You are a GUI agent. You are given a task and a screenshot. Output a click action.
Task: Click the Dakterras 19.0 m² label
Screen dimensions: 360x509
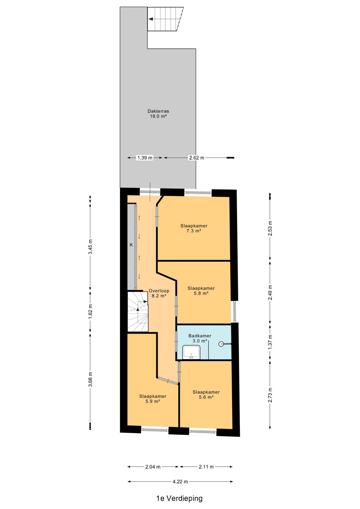tap(158, 114)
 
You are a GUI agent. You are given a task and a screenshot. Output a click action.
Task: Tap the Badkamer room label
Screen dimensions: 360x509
tap(200, 338)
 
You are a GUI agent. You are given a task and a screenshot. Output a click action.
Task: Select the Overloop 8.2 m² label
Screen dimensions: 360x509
tap(159, 293)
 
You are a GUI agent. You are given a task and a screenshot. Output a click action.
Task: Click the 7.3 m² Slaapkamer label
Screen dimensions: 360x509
tap(194, 228)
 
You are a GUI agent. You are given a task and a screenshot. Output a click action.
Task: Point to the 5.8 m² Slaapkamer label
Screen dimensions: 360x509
tap(201, 291)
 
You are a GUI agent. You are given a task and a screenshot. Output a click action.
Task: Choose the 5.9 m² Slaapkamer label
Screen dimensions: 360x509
tap(153, 399)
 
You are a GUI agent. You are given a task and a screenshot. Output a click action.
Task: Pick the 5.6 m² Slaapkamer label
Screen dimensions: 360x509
tap(206, 394)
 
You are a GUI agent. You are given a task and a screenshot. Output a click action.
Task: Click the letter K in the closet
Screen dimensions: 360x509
tap(131, 245)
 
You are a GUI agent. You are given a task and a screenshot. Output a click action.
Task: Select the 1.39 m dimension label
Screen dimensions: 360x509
tap(145, 158)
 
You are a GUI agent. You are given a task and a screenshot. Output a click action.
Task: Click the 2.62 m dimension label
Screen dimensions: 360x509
tap(196, 158)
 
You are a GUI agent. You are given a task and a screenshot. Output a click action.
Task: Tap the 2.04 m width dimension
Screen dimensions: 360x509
tap(153, 467)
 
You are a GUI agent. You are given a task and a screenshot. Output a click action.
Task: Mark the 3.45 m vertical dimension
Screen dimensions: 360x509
tap(90, 247)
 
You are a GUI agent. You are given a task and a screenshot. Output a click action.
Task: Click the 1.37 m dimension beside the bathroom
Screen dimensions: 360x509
tap(270, 342)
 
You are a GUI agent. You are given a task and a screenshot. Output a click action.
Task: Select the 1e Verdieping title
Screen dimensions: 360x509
tap(179, 498)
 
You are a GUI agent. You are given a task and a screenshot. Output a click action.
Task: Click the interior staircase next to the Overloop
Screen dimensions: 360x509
tap(138, 312)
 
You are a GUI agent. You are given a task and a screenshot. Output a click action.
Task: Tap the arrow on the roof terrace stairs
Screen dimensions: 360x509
tap(151, 19)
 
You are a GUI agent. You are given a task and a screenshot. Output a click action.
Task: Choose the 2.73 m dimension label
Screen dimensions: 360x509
tap(270, 395)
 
